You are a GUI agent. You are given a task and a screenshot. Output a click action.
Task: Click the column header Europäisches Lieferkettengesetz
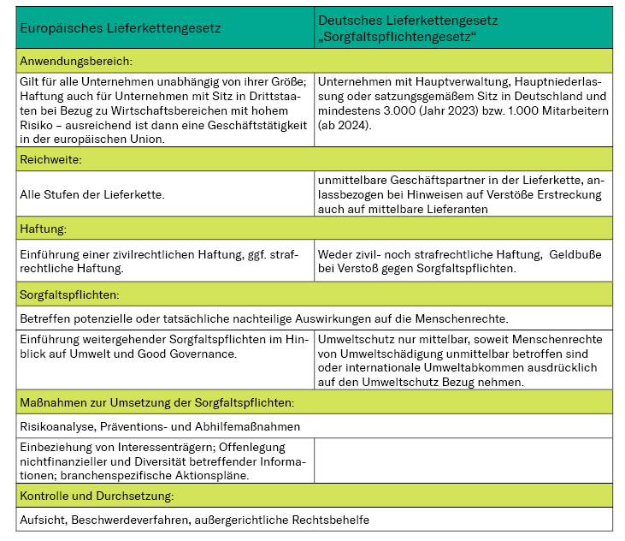click(x=121, y=28)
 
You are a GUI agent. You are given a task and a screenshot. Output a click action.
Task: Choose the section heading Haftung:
click(x=43, y=229)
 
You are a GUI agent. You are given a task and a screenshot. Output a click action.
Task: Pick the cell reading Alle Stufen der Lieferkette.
click(x=92, y=194)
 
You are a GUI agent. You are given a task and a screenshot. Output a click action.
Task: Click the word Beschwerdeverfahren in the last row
click(x=141, y=519)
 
